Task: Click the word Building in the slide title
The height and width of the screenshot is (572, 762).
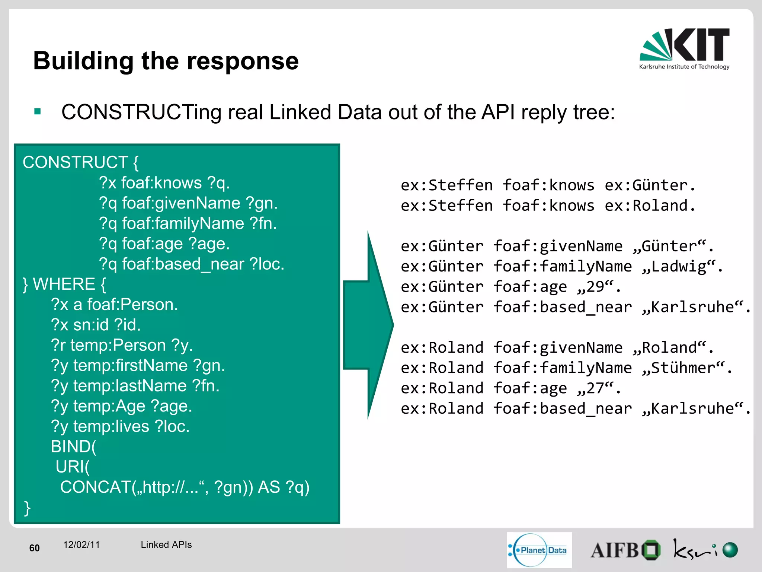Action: (x=83, y=61)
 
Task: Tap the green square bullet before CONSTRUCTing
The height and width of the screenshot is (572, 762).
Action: (x=37, y=111)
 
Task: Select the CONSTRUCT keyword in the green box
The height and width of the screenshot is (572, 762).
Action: (x=76, y=163)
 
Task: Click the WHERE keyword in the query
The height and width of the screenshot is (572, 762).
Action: (x=64, y=285)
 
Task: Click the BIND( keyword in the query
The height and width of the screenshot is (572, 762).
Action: (x=73, y=447)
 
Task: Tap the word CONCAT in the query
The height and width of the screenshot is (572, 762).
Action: (x=95, y=487)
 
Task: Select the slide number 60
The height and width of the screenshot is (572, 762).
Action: (x=34, y=548)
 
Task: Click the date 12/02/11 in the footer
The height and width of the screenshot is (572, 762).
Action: (x=81, y=545)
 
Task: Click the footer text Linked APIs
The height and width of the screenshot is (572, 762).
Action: (x=166, y=545)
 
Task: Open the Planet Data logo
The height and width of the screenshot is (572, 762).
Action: (x=539, y=550)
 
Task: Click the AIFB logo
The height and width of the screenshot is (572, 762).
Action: (x=625, y=550)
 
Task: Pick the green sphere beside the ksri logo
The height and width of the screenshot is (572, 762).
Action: (x=730, y=550)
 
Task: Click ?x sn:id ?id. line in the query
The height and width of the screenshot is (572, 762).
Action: (x=96, y=325)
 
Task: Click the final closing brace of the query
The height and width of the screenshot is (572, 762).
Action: (x=27, y=508)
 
